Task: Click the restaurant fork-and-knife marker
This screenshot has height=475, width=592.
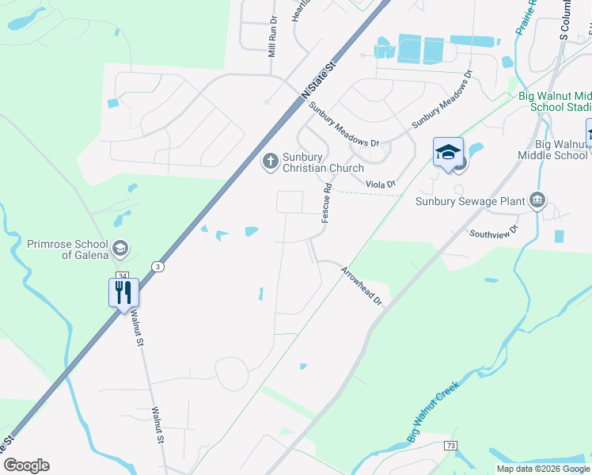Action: point(123,292)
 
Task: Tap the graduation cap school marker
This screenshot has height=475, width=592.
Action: point(448,152)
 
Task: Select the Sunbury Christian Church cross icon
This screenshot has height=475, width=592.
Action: point(269,161)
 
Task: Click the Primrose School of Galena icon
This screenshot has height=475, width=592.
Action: point(120,249)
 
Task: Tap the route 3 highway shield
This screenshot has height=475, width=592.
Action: point(159,266)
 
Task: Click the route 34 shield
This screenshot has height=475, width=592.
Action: point(122,275)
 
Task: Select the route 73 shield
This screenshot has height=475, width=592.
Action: point(450,446)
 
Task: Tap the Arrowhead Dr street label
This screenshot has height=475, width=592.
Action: point(362,287)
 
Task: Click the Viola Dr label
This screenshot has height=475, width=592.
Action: point(380,184)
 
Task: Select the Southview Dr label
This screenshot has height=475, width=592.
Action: point(493,232)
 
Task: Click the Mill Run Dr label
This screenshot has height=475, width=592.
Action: point(272,36)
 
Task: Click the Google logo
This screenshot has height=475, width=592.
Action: point(26,465)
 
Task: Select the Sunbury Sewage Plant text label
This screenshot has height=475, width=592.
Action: point(470,201)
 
